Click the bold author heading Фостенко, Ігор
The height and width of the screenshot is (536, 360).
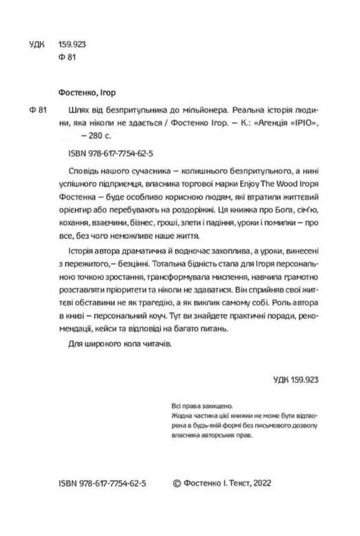[x=87, y=91]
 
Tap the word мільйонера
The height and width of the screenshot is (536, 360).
[x=200, y=109]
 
